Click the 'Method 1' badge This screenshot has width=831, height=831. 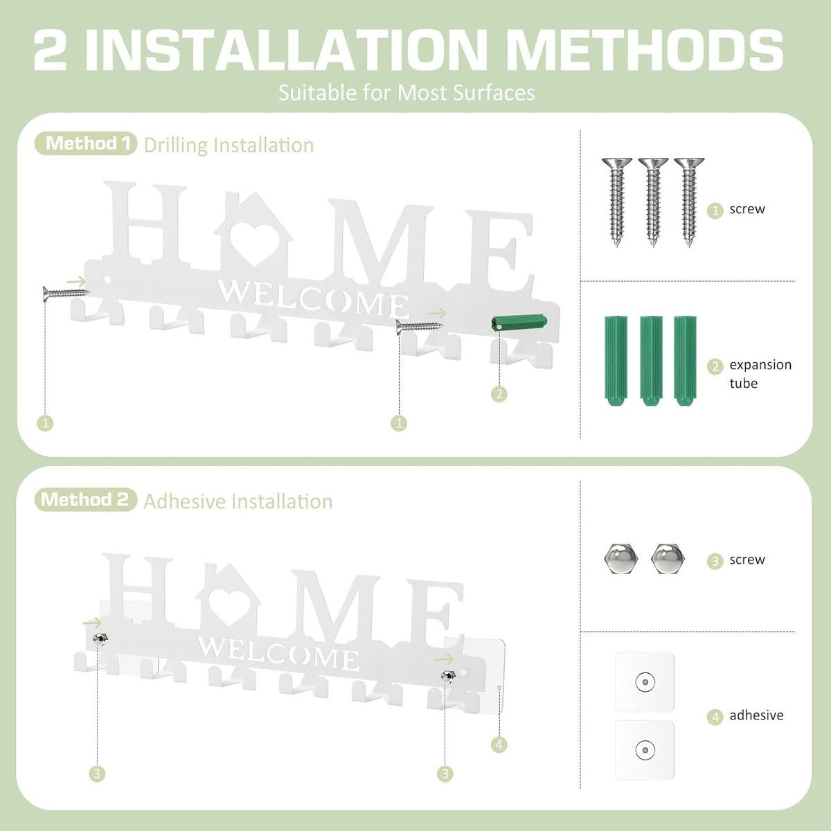coord(86,143)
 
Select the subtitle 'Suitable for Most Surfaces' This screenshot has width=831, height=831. coord(406,92)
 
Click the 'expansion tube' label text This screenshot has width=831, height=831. coord(760,374)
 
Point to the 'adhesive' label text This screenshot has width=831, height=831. coord(756,715)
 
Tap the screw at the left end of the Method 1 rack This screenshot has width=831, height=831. coord(65,294)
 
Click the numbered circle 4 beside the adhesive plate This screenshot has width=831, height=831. coord(499,745)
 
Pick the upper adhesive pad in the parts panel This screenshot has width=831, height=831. coord(645,682)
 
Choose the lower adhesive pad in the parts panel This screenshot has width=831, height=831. coord(645,749)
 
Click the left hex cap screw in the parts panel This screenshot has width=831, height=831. coord(616,559)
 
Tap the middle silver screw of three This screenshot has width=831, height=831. coord(652,201)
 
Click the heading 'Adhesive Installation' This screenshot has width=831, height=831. coord(238,501)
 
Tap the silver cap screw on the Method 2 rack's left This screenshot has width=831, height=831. coord(101,638)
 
